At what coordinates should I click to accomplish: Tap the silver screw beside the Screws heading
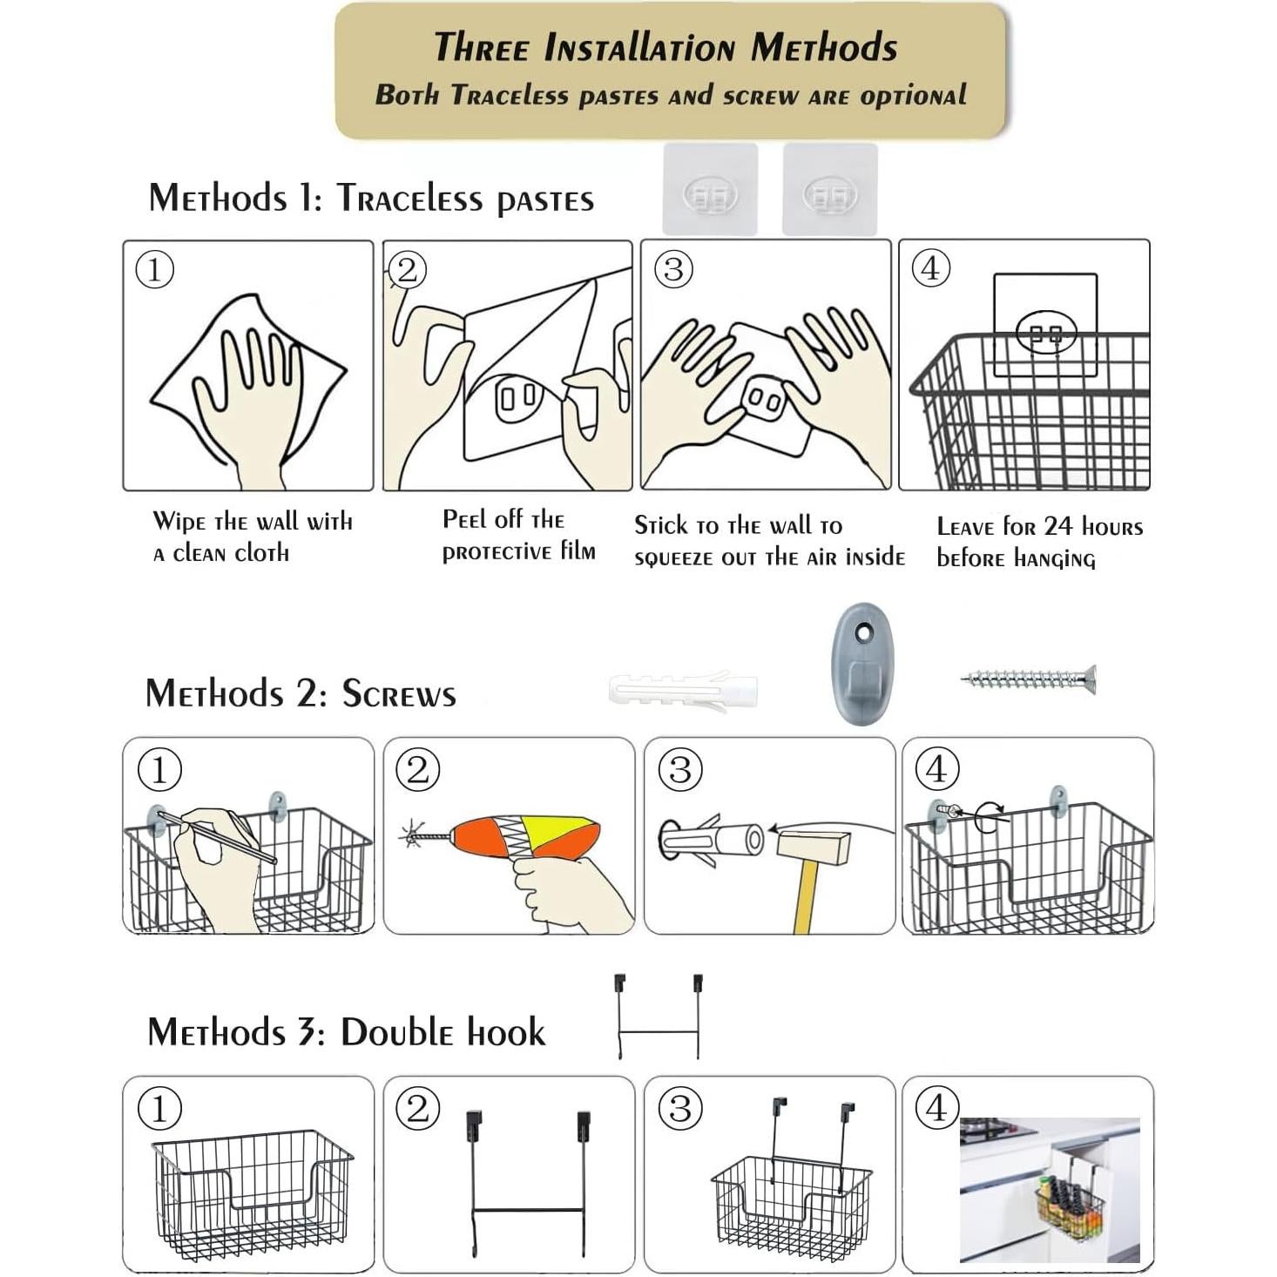coord(1028,678)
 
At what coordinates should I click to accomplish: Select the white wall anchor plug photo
coord(683,692)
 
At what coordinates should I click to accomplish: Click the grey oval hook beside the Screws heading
coord(863,664)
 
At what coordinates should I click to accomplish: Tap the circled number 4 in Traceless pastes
coord(930,268)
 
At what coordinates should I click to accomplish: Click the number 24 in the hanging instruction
coord(1058,526)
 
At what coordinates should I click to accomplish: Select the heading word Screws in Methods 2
coord(399,694)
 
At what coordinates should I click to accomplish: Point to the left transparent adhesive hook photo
coord(710,189)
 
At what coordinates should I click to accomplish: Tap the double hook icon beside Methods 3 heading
coord(659,1015)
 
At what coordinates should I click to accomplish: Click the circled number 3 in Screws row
coord(680,769)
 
